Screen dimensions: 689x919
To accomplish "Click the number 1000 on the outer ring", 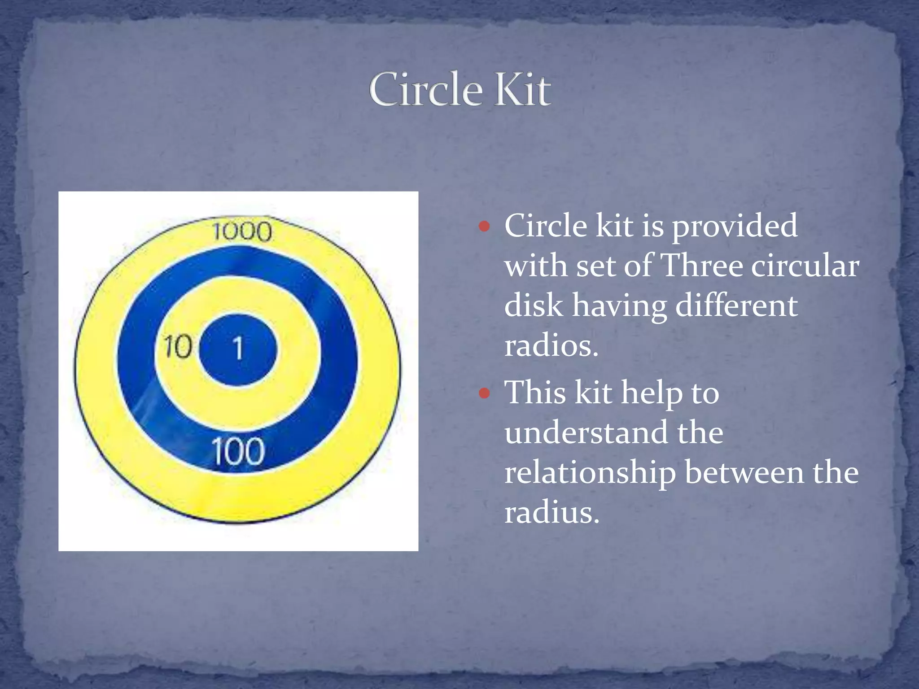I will click(242, 232).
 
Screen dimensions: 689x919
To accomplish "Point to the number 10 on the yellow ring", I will click(178, 347).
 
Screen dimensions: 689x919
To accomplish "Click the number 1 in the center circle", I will click(238, 349).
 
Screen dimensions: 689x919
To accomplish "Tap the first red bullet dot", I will click(484, 226).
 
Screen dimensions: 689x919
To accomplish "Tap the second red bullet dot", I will click(484, 393).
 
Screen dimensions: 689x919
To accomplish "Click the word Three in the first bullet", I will click(702, 266).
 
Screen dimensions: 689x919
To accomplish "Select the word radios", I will click(551, 346).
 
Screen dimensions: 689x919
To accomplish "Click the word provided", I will click(734, 226).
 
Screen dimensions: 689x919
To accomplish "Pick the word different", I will click(736, 306).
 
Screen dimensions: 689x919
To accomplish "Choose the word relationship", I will click(590, 473).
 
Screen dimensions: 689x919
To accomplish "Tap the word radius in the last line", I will click(551, 512).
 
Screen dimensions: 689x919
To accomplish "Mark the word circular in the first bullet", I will click(805, 266).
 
